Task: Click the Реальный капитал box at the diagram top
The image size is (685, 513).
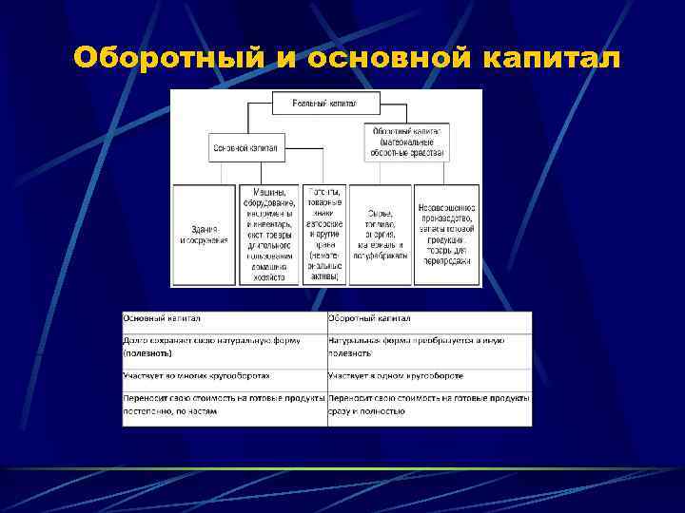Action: pyautogui.click(x=326, y=102)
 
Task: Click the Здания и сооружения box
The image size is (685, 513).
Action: pyautogui.click(x=204, y=235)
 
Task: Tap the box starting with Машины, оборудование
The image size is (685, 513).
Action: pyautogui.click(x=269, y=235)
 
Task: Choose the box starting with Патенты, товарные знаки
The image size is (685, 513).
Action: pyautogui.click(x=324, y=235)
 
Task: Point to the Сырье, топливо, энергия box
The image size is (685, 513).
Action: pyautogui.click(x=380, y=235)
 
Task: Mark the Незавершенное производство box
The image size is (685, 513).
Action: pyautogui.click(x=447, y=235)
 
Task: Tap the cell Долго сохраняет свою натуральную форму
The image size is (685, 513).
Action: pyautogui.click(x=224, y=346)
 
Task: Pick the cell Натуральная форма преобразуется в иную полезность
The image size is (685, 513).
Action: pyautogui.click(x=429, y=346)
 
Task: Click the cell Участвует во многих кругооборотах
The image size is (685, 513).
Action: pyautogui.click(x=224, y=376)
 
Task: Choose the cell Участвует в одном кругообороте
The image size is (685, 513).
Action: pyautogui.click(x=429, y=376)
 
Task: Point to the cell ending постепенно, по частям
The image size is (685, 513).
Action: pyautogui.click(x=224, y=405)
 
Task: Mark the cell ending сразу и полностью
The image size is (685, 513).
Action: pyautogui.click(x=429, y=405)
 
